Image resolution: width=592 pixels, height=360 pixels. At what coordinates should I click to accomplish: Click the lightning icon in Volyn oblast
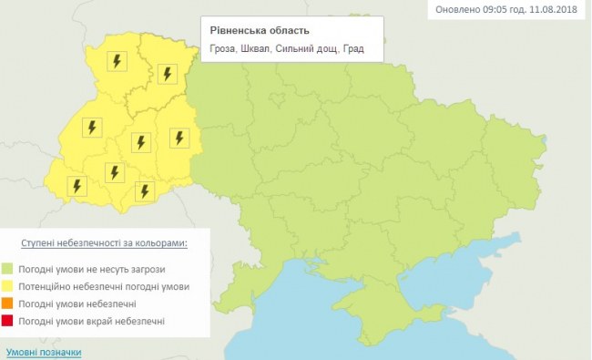(x=116, y=62)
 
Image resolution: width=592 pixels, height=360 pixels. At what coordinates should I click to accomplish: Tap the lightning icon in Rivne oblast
(x=167, y=74)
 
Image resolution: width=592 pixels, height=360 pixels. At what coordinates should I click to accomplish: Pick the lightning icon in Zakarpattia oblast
(x=77, y=186)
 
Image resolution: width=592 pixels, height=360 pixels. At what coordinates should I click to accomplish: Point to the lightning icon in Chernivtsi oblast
(x=144, y=190)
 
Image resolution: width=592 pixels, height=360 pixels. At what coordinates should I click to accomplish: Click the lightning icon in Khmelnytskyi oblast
(x=179, y=139)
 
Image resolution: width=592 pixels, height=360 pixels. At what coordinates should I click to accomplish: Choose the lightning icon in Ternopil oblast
(x=140, y=142)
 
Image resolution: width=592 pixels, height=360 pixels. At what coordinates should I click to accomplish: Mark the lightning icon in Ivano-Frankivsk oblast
(x=114, y=171)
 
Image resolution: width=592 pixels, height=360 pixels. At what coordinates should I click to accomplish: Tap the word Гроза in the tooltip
(x=229, y=49)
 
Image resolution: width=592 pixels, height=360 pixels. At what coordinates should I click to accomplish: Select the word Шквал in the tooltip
(x=266, y=49)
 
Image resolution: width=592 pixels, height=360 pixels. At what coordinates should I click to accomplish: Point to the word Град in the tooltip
(x=352, y=49)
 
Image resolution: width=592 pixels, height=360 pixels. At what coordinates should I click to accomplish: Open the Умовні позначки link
(x=44, y=351)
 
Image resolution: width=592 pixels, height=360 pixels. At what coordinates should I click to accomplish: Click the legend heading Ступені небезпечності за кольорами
(x=104, y=243)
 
